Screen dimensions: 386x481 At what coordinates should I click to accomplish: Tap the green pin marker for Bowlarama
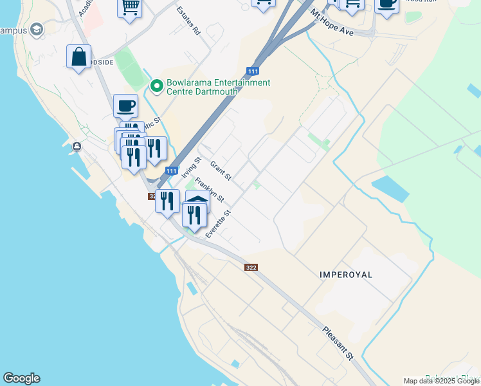pyautogui.click(x=156, y=85)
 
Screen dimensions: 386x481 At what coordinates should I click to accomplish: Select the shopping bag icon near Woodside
pyautogui.click(x=78, y=57)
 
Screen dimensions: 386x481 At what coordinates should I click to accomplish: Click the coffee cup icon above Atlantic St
pyautogui.click(x=125, y=105)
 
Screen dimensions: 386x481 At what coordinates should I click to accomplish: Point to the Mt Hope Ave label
pyautogui.click(x=332, y=22)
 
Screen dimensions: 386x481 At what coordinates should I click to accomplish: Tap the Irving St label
pyautogui.click(x=192, y=167)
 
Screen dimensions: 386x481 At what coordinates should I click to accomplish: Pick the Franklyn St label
pyautogui.click(x=210, y=190)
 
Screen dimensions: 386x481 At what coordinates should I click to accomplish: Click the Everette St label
pyautogui.click(x=217, y=224)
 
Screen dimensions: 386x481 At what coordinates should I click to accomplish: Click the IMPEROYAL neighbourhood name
pyautogui.click(x=346, y=274)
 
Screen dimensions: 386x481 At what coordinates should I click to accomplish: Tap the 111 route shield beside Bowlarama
pyautogui.click(x=253, y=70)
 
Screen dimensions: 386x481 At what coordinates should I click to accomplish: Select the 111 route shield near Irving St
pyautogui.click(x=171, y=170)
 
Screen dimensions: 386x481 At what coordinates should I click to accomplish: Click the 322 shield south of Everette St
pyautogui.click(x=251, y=267)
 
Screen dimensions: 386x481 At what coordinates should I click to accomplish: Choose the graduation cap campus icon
pyautogui.click(x=37, y=30)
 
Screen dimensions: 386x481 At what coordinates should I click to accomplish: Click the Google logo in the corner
pyautogui.click(x=21, y=378)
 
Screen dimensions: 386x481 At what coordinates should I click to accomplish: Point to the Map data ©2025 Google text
pyautogui.click(x=442, y=381)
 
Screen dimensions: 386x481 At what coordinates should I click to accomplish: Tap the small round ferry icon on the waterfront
pyautogui.click(x=77, y=146)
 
